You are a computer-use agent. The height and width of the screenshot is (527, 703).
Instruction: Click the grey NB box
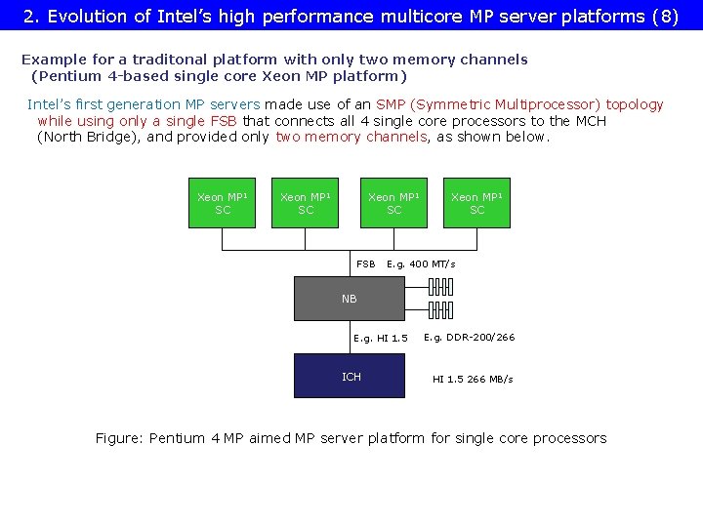350,299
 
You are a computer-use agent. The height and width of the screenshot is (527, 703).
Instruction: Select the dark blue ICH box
350,377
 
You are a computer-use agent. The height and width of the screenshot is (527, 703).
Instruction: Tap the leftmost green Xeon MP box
222,203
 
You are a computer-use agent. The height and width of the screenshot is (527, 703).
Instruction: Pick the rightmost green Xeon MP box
476,203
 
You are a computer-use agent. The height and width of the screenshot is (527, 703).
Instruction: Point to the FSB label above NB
365,264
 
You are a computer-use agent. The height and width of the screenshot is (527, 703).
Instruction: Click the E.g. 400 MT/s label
421,264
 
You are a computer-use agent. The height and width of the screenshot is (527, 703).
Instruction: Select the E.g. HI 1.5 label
381,339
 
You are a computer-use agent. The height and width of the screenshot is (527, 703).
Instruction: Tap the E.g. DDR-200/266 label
469,338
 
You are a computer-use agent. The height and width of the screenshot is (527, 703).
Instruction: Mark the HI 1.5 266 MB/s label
473,379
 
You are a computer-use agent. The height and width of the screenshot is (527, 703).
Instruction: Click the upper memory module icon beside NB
440,287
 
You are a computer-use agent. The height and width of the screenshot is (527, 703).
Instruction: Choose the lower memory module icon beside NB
440,310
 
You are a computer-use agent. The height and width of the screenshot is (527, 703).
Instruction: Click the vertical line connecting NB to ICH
350,338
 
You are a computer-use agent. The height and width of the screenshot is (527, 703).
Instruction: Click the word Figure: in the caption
119,438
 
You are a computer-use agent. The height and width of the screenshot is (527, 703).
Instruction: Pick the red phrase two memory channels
351,137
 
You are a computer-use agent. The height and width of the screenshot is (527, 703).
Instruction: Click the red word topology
634,104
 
